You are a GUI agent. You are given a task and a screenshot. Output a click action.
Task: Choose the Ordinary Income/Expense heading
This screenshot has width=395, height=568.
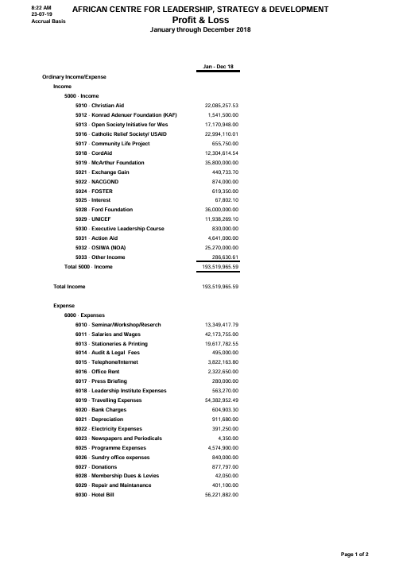(74, 76)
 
